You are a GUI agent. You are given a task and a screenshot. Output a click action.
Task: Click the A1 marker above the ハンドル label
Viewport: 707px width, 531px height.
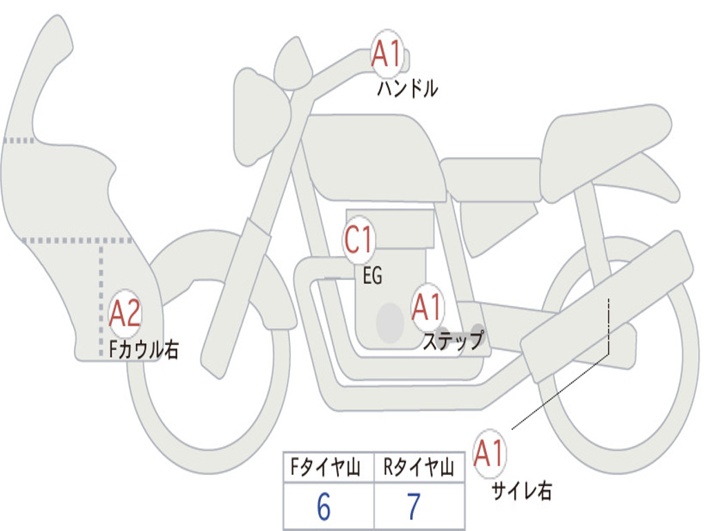click(x=387, y=53)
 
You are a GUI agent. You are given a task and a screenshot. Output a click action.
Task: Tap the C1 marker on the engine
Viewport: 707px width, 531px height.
click(x=359, y=240)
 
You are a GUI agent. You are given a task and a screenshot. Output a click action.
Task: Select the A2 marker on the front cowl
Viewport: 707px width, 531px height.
click(x=126, y=313)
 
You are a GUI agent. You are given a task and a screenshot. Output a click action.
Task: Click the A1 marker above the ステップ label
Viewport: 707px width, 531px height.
click(x=427, y=307)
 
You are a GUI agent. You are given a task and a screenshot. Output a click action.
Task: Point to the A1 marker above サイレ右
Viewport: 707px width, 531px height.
click(x=489, y=453)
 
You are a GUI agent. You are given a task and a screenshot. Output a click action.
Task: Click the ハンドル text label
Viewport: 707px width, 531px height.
click(x=407, y=88)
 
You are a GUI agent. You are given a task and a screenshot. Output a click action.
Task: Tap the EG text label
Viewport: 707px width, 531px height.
click(x=372, y=275)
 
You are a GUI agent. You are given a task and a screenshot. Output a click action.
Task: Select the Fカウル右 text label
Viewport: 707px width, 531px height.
click(x=144, y=349)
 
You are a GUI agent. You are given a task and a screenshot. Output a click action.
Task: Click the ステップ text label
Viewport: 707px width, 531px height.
click(x=453, y=340)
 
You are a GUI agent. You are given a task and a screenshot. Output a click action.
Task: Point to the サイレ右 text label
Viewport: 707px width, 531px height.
click(x=522, y=490)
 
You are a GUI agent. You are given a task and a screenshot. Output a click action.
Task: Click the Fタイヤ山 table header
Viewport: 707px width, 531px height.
click(x=325, y=467)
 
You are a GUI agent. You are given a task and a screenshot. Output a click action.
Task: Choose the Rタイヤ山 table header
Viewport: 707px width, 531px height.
click(x=418, y=467)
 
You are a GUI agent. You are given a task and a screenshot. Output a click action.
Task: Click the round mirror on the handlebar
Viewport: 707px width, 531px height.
click(x=293, y=63)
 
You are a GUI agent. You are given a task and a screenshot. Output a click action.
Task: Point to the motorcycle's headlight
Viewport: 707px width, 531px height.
click(x=262, y=116)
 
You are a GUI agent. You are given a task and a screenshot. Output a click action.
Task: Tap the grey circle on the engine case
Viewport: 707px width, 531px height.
click(x=390, y=323)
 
